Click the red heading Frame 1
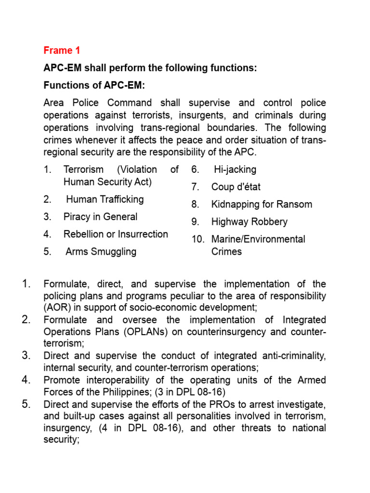point(62,51)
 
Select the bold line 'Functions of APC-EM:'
point(94,86)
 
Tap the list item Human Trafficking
point(105,199)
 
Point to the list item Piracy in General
point(100,217)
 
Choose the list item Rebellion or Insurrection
point(116,234)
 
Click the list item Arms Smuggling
point(101,251)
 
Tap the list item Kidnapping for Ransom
point(262,204)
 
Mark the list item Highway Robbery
point(249,221)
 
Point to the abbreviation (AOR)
point(56,307)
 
